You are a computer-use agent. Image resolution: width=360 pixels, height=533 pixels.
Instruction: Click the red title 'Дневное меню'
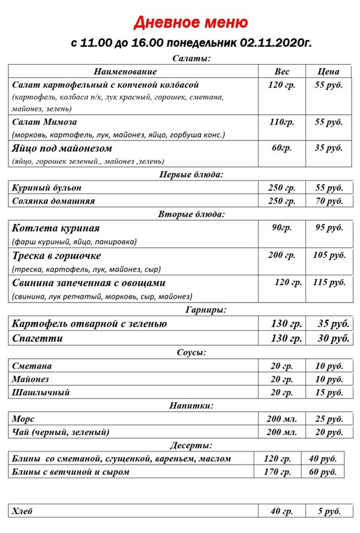(190, 23)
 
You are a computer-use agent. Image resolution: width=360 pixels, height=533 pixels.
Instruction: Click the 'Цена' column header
(329, 71)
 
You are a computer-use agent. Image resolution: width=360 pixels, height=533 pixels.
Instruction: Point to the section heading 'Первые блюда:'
(190, 175)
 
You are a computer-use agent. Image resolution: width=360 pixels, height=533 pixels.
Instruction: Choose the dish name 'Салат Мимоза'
(40, 122)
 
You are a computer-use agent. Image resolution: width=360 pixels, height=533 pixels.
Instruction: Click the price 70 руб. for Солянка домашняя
(328, 201)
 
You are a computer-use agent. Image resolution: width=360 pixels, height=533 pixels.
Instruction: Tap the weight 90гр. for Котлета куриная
(281, 227)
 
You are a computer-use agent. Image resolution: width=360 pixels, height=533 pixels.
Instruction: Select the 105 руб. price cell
(329, 255)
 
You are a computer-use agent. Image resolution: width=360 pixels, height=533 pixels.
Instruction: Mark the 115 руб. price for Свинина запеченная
(329, 282)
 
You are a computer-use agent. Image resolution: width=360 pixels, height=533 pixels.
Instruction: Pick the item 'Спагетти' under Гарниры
(37, 339)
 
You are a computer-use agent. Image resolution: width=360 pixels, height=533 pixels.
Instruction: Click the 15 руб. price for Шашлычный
(328, 393)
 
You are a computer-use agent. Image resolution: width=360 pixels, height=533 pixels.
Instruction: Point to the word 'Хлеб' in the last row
(23, 511)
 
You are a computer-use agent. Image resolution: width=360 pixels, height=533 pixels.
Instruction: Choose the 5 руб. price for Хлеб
(328, 511)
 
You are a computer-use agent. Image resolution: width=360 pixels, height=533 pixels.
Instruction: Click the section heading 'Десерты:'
(191, 445)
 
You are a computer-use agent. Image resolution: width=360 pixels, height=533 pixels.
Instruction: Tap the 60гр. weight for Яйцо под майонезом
(281, 148)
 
